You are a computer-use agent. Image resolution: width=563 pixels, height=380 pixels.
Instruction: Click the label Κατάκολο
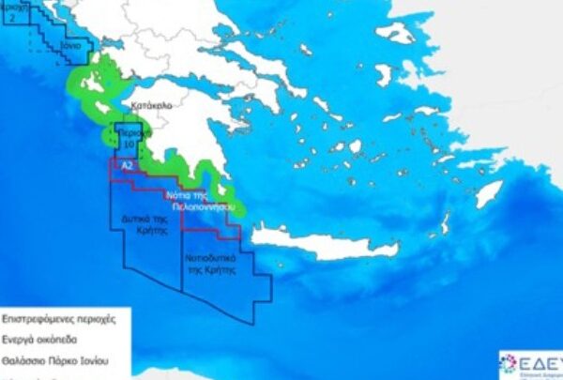click(x=151, y=106)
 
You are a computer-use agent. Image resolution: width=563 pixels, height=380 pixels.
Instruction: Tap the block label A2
click(x=128, y=163)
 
